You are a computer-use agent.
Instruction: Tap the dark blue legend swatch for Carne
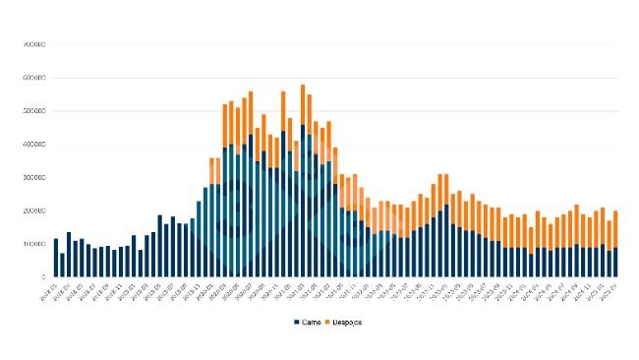tap(296, 322)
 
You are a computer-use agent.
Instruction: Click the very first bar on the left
tap(56, 258)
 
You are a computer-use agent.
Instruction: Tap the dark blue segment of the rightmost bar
tap(615, 263)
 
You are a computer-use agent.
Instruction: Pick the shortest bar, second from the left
tap(62, 265)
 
